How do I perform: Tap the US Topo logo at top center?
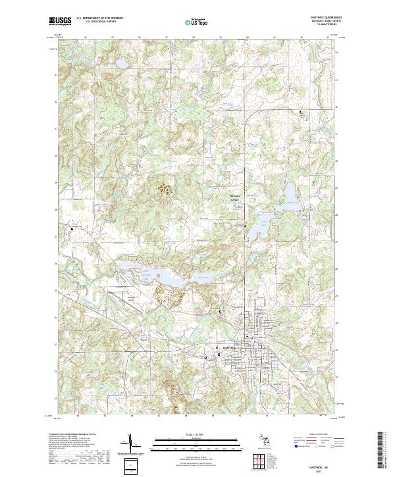197,21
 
